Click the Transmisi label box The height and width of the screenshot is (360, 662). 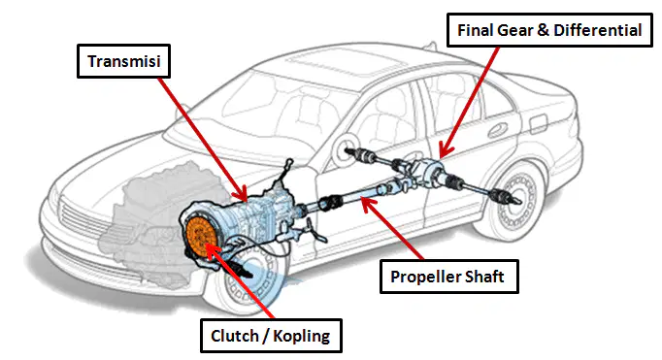pos(123,61)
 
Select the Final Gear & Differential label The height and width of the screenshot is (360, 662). pos(549,30)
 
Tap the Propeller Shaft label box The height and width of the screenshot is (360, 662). pos(448,277)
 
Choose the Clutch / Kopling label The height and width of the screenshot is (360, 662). pos(271,336)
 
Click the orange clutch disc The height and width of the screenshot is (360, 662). pos(201,237)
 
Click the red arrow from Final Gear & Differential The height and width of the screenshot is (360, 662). pos(469,102)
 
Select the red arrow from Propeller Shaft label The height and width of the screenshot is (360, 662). pos(392,228)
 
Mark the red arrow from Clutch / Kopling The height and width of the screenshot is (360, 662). pos(240,280)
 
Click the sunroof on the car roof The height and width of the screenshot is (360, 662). pos(338,64)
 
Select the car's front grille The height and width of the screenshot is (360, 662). pos(84,219)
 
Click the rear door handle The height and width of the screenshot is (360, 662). pos(498,130)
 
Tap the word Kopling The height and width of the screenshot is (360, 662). pos(301,336)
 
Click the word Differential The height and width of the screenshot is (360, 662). pos(597,30)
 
